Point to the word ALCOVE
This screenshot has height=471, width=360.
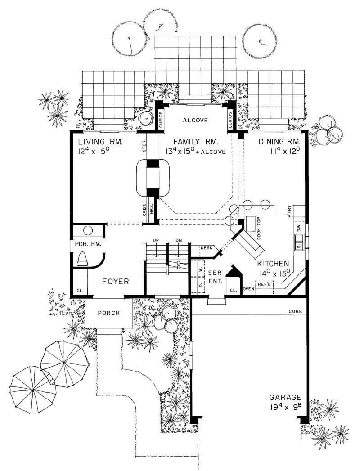pyautogui.click(x=195, y=120)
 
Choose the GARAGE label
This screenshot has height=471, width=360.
pyautogui.click(x=285, y=397)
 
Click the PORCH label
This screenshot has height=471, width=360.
pyautogui.click(x=109, y=313)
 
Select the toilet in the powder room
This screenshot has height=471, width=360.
pyautogui.click(x=84, y=259)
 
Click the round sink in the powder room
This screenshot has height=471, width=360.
pyautogui.click(x=88, y=230)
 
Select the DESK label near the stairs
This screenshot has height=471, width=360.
pyautogui.click(x=206, y=247)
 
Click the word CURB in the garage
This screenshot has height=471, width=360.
pyautogui.click(x=295, y=311)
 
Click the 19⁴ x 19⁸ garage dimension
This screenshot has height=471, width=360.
pyautogui.click(x=285, y=408)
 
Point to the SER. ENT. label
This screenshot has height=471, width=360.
pyautogui.click(x=213, y=277)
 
